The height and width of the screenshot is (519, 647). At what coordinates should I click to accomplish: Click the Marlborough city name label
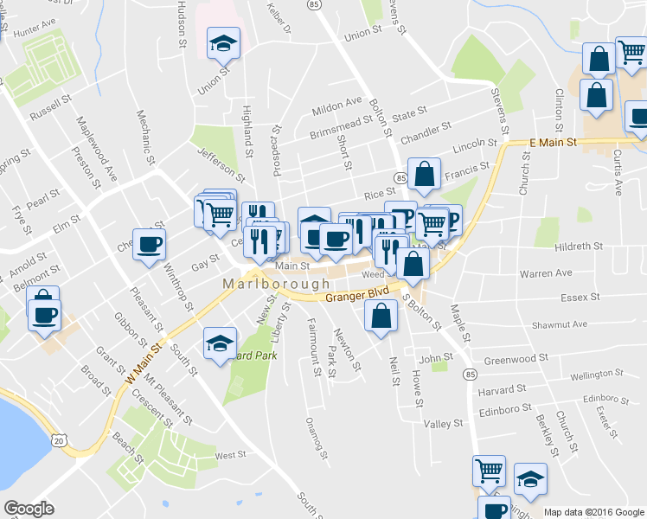pyautogui.click(x=276, y=284)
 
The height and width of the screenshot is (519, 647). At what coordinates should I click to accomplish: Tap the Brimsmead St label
pyautogui.click(x=339, y=130)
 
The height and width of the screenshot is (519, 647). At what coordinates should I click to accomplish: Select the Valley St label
pyautogui.click(x=444, y=424)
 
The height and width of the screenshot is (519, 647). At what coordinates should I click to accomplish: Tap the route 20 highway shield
pyautogui.click(x=59, y=441)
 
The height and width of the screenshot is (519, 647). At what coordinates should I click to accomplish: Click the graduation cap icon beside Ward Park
pyautogui.click(x=220, y=344)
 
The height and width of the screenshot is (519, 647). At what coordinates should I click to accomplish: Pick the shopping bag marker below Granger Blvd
pyautogui.click(x=380, y=317)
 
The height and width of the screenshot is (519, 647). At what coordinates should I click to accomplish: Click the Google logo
pyautogui.click(x=29, y=509)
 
